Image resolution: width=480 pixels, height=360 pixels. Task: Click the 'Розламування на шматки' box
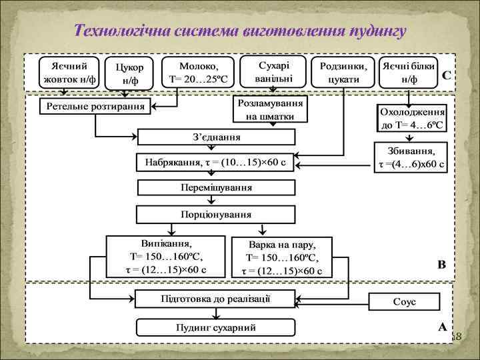click(273, 110)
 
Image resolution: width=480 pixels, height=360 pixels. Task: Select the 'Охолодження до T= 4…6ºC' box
click(411, 119)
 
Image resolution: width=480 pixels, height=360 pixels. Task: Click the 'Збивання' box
click(411, 158)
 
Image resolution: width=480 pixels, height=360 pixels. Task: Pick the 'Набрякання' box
click(215, 163)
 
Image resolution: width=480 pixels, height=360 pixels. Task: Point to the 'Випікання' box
click(167, 255)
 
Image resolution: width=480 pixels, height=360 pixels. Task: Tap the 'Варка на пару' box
click(281, 257)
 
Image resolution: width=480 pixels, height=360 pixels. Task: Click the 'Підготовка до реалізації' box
click(215, 298)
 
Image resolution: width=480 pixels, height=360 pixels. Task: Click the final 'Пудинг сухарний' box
click(215, 328)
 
